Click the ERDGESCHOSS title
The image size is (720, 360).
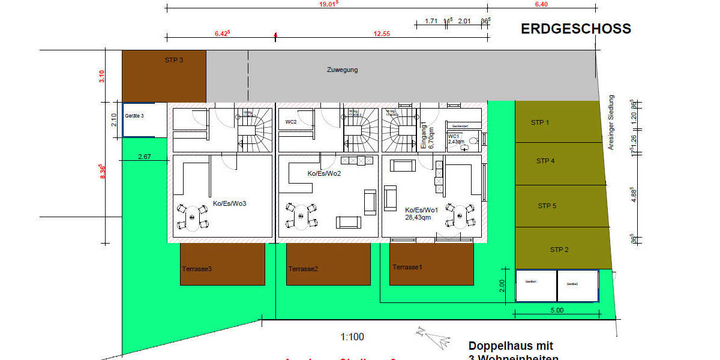coord(575,29)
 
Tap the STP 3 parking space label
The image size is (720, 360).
coord(174,60)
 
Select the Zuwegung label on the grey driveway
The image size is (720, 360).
coord(342,70)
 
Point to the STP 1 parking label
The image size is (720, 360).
coord(540,122)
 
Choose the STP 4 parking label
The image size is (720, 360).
coord(545,161)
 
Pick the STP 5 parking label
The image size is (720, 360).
coord(547,206)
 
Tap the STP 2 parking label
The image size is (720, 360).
coord(559,250)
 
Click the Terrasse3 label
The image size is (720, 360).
coord(197,269)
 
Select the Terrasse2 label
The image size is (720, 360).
coord(303,269)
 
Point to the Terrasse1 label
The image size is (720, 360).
coord(407,267)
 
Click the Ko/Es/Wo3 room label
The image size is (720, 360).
coord(230,203)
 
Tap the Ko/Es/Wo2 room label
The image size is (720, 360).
coord(324,173)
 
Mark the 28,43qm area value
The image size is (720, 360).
coord(418,217)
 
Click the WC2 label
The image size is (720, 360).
coord(291,122)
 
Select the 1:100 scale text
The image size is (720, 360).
coord(352,337)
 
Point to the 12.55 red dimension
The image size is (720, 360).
coord(382,34)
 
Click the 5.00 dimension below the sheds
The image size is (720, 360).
coord(557,310)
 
